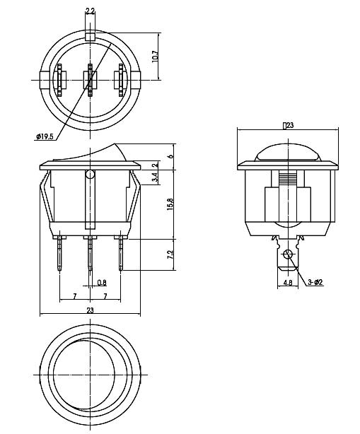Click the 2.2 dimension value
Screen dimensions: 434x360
[x=91, y=11]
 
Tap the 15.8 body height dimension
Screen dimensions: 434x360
[x=170, y=203]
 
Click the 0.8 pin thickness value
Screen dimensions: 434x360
[x=100, y=283]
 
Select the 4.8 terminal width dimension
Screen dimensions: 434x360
[x=287, y=282]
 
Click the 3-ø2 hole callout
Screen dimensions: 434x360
[x=315, y=282]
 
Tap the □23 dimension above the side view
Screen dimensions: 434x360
[x=288, y=125]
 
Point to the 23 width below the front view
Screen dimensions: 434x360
[x=89, y=310]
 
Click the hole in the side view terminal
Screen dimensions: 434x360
[x=287, y=254]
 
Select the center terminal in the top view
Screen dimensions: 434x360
[x=90, y=80]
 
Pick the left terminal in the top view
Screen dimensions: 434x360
[x=59, y=80]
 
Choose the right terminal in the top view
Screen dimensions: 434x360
[x=121, y=80]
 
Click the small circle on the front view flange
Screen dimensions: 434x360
[x=89, y=174]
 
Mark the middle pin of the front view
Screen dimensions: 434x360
[x=89, y=254]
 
